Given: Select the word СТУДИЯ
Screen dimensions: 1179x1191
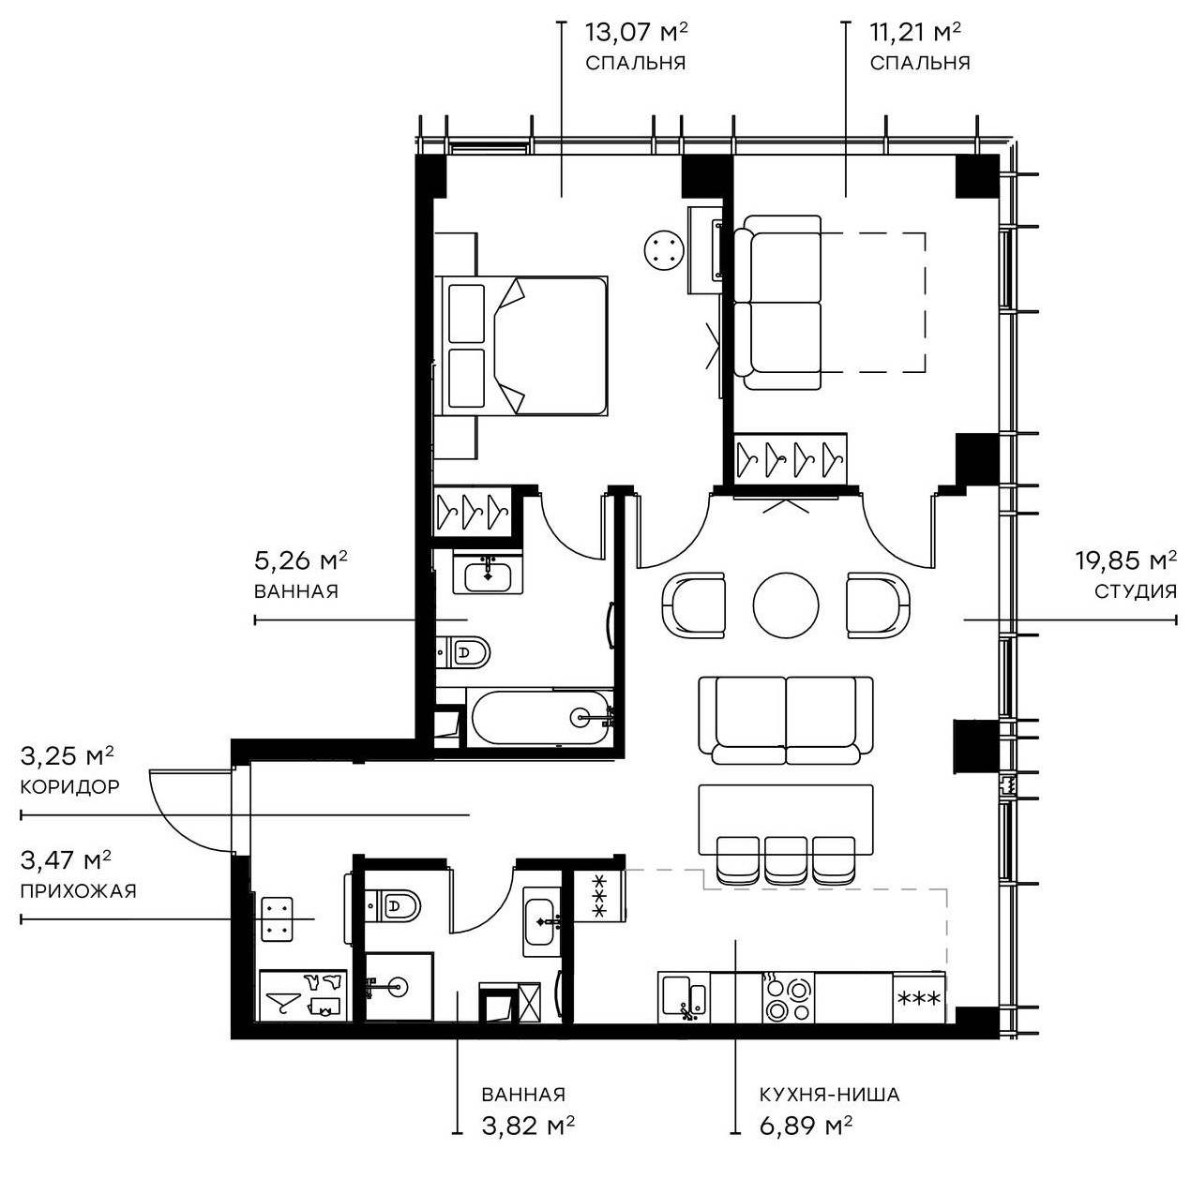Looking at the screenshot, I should tap(1135, 591).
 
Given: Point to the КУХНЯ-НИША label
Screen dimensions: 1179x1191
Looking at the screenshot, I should tap(830, 1095).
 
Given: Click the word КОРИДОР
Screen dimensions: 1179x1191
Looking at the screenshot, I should tap(70, 786).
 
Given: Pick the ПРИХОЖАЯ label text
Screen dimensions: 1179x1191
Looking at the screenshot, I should tap(78, 890).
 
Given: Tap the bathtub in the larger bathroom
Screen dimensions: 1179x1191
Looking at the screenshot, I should tap(541, 719).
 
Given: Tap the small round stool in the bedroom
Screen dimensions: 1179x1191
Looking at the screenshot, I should tap(664, 250).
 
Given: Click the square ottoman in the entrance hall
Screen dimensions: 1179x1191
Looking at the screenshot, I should tap(276, 918).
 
